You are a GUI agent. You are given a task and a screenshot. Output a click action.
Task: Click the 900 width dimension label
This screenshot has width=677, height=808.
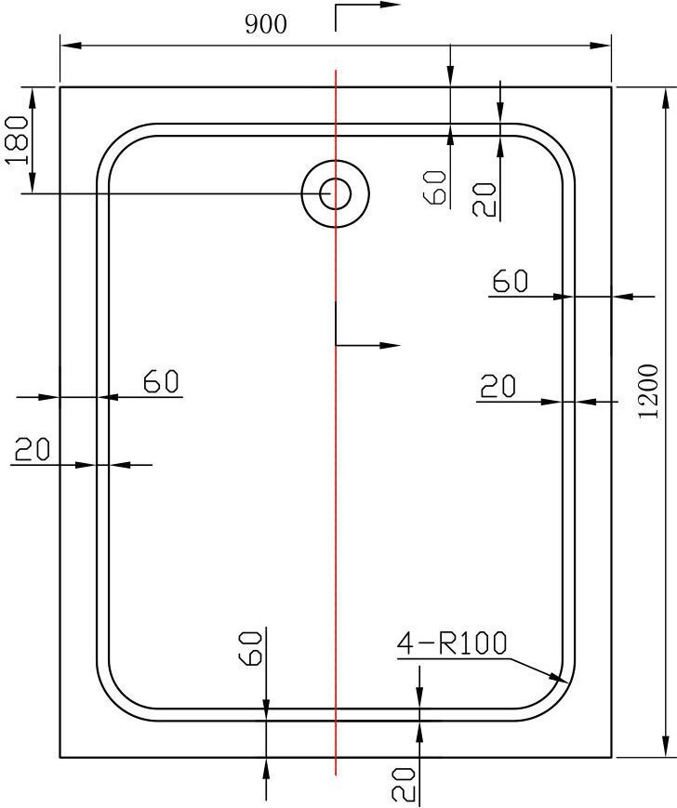click(265, 24)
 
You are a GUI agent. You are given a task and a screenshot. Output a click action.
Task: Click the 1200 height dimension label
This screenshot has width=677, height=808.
click(648, 391)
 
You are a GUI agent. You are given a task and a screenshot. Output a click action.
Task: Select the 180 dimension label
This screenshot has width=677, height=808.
click(17, 140)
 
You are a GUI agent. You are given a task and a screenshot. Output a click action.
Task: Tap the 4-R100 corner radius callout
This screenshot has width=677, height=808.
click(452, 643)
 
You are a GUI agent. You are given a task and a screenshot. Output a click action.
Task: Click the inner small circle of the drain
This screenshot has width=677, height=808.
click(336, 193)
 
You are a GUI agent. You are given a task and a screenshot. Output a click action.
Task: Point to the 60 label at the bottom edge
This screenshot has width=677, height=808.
click(252, 649)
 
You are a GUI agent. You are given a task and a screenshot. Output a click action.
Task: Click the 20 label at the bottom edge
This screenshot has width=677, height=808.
click(404, 785)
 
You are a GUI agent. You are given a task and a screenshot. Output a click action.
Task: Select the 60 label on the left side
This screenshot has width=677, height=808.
click(161, 381)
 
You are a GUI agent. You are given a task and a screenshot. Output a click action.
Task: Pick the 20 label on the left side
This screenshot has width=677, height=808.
click(33, 449)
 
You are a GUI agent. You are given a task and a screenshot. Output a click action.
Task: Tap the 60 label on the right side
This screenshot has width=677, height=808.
click(511, 282)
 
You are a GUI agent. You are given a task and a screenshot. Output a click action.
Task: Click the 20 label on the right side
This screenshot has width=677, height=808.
click(498, 386)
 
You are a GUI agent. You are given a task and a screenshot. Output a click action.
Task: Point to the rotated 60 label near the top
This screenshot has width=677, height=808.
click(434, 188)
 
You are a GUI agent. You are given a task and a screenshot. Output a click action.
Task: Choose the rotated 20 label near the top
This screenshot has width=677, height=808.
click(485, 200)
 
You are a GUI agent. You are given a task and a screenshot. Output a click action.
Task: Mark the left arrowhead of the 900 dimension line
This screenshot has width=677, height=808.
click(71, 46)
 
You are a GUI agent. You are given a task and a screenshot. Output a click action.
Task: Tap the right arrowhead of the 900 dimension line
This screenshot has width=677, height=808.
click(600, 46)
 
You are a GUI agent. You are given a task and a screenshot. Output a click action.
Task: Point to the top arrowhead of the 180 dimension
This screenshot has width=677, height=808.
click(32, 98)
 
